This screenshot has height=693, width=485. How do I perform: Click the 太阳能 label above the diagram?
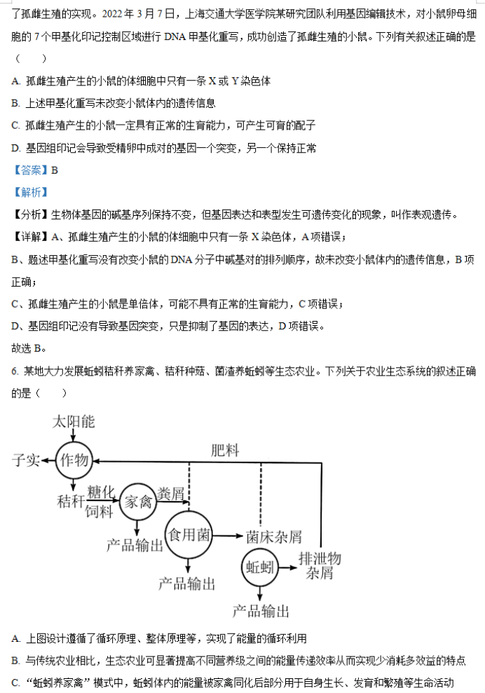[74, 422]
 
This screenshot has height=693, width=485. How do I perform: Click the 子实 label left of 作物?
[26, 460]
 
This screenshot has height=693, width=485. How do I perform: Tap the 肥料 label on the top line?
[225, 451]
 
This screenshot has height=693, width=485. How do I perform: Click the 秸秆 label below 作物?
[71, 501]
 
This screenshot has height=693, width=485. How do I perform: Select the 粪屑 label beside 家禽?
[170, 493]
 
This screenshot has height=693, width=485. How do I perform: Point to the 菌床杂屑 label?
[274, 537]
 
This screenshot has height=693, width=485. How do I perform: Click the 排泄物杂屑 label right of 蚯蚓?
[320, 565]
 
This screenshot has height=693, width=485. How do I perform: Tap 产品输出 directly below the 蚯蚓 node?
[261, 611]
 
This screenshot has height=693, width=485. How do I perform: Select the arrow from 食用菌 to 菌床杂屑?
[228, 536]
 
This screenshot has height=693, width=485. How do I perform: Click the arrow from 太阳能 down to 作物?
[74, 436]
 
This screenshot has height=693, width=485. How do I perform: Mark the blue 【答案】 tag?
[31, 170]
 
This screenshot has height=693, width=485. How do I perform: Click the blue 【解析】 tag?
[31, 192]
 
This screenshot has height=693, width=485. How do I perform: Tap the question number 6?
[15, 371]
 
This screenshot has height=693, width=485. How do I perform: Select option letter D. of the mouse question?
[16, 148]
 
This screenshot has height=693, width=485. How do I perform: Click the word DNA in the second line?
[175, 36]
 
